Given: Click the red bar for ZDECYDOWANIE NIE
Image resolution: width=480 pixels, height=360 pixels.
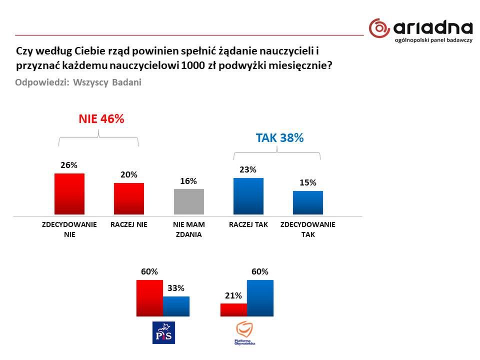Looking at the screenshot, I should point(69,193).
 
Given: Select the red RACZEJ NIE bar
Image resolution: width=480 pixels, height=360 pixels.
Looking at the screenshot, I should point(129,198).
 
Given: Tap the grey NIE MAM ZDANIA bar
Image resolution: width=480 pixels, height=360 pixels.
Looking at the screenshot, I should point(188,201).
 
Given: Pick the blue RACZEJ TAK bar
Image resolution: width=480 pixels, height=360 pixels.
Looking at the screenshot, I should point(248,196).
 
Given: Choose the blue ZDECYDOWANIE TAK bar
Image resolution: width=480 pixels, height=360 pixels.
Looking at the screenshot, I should point(308,202).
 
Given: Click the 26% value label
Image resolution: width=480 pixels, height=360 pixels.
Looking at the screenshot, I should point(69,165).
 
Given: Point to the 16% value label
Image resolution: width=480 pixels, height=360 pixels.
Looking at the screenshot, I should point(188,181).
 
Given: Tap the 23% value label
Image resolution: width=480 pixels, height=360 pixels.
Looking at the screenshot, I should point(248,170).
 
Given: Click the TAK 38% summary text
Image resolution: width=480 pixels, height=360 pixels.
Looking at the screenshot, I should point(279,138).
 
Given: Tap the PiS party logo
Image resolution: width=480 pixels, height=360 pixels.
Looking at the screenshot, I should point(163,332).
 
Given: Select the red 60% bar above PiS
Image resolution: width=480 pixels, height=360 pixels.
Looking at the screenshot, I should point(149,298).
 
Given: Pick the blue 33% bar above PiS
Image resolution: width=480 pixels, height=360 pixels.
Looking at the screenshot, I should point(176,306).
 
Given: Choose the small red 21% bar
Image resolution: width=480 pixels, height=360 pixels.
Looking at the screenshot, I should point(233,309).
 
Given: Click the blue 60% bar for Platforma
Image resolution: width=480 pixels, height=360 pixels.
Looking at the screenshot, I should point(260,298).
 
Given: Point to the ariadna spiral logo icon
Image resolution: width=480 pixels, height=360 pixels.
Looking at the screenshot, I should point(379,28).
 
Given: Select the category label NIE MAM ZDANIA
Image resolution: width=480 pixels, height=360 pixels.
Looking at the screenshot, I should point(188,229).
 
